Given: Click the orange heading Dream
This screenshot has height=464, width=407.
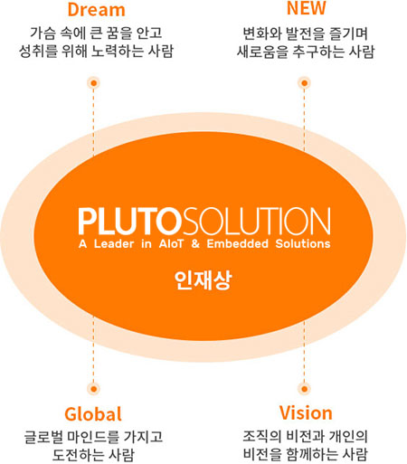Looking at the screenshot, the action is pos(96,9).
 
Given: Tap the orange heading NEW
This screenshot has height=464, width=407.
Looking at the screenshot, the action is pos(306,8).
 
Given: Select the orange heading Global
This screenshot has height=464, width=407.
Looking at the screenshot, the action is pos(93,414).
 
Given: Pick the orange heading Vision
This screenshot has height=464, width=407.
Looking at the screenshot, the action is pos(306,412).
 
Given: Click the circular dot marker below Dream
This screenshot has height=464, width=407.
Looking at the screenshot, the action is pos(94,83).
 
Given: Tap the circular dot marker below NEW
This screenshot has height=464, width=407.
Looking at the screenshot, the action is pos(304,83).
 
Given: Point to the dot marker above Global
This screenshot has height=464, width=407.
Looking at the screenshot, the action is pos(94,389).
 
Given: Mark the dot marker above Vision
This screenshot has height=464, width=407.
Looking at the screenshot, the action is pos(304,389).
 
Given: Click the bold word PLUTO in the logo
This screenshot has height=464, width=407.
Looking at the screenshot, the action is pos(130,221).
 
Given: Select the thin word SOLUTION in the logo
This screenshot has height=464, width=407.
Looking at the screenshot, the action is pos(257,221).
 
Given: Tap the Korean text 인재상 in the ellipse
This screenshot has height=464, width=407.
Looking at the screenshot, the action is pos(203,280).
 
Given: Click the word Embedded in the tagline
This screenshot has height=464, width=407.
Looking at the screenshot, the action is pos(237,243).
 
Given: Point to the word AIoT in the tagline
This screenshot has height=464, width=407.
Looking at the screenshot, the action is pos(171,243).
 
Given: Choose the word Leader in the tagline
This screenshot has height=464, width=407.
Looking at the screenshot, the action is pos(114,243).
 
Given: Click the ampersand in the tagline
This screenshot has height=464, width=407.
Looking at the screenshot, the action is pos(195,243).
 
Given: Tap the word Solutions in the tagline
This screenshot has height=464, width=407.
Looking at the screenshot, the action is pos(303,243).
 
